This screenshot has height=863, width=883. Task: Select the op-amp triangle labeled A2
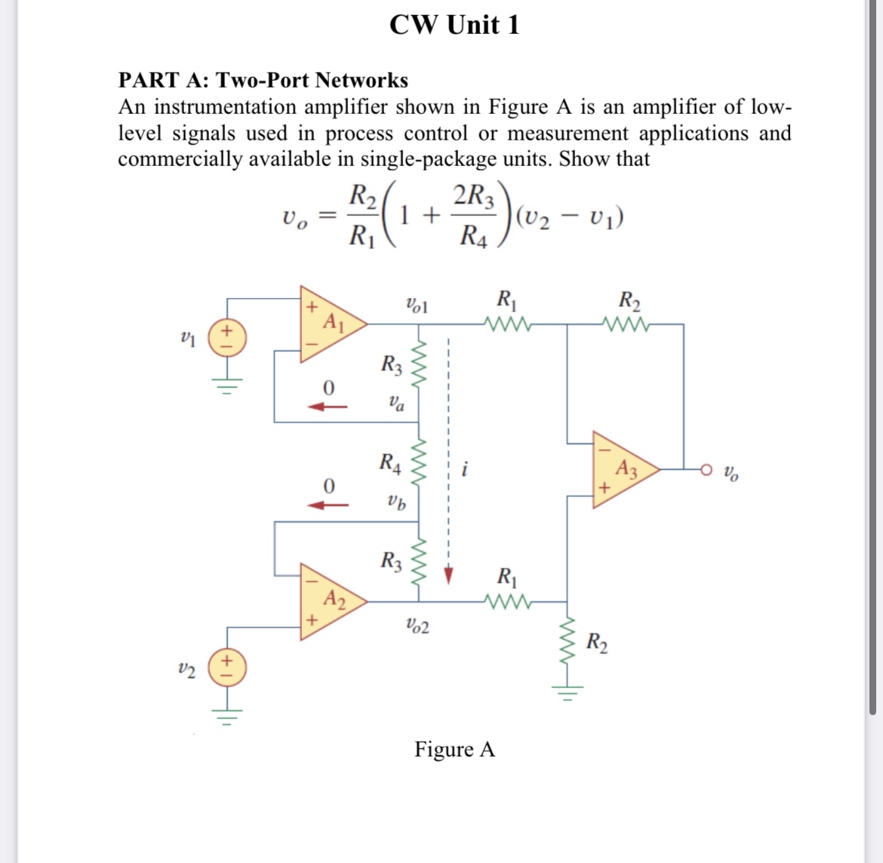pyautogui.click(x=329, y=602)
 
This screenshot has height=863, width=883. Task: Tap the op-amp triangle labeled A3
pyautogui.click(x=620, y=469)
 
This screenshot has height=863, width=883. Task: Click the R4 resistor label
pyautogui.click(x=390, y=462)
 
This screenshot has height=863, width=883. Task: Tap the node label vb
pyautogui.click(x=395, y=501)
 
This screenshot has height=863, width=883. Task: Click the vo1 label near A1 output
pyautogui.click(x=417, y=306)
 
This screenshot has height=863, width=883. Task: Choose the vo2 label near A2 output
pyautogui.click(x=417, y=625)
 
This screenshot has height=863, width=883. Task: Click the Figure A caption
pyautogui.click(x=454, y=749)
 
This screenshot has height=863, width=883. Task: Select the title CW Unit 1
pyautogui.click(x=454, y=25)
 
